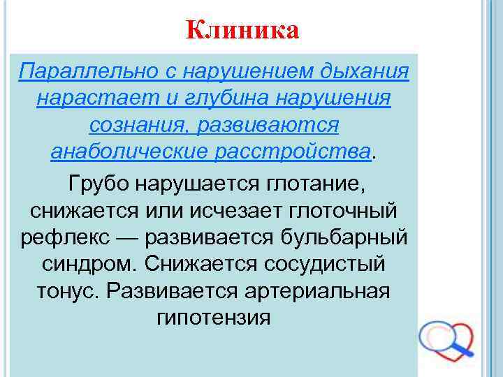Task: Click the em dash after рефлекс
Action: (x=131, y=237)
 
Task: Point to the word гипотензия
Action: (x=213, y=318)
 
